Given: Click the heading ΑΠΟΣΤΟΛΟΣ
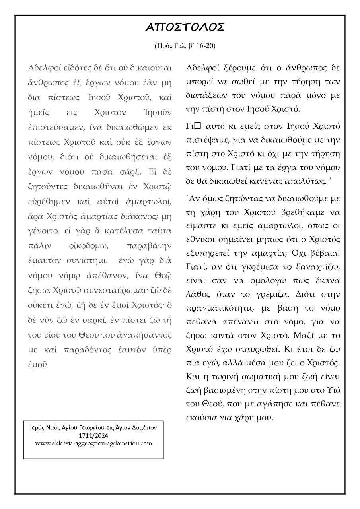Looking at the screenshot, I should pyautogui.click(x=185, y=27).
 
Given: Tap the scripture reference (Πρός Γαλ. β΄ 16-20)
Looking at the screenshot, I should pyautogui.click(x=185, y=46).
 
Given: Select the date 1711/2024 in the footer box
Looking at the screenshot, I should pyautogui.click(x=94, y=436).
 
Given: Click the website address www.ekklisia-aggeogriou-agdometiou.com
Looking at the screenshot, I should pyautogui.click(x=93, y=443).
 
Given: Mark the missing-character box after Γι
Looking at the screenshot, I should pyautogui.click(x=200, y=127).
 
